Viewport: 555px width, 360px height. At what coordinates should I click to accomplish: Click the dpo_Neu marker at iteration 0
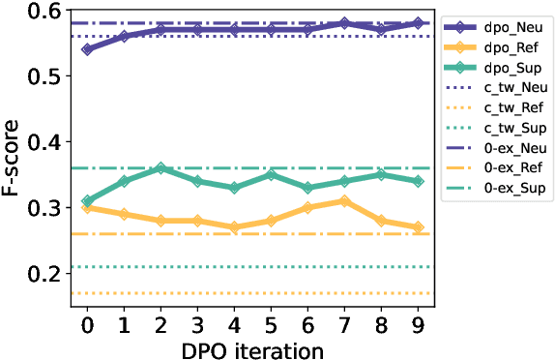[x=88, y=48]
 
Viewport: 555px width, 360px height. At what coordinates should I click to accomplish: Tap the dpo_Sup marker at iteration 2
[x=161, y=168]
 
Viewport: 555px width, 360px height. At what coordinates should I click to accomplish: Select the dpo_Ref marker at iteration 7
[x=344, y=201]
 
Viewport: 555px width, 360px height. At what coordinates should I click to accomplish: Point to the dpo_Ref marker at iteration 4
[x=234, y=227]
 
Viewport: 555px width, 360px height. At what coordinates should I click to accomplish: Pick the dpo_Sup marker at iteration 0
[x=88, y=201]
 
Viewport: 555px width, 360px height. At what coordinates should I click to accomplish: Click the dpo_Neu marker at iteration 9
[x=417, y=22]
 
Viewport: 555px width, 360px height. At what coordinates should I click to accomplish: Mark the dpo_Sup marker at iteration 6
[x=307, y=188]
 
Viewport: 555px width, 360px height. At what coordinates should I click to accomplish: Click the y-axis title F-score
[x=14, y=159]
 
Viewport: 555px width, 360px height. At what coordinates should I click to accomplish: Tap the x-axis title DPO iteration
[x=252, y=346]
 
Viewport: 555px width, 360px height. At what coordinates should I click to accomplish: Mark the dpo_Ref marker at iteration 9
[x=417, y=227]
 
